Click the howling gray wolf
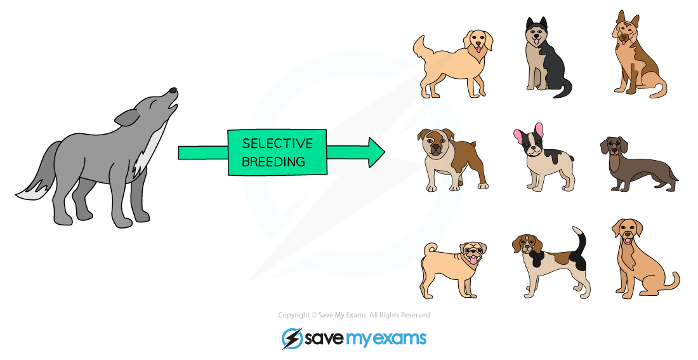pos(102,159)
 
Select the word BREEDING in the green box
pos(274,161)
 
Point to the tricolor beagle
pos(549,263)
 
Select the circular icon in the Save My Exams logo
pos(292,338)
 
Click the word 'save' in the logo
pos(324,338)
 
